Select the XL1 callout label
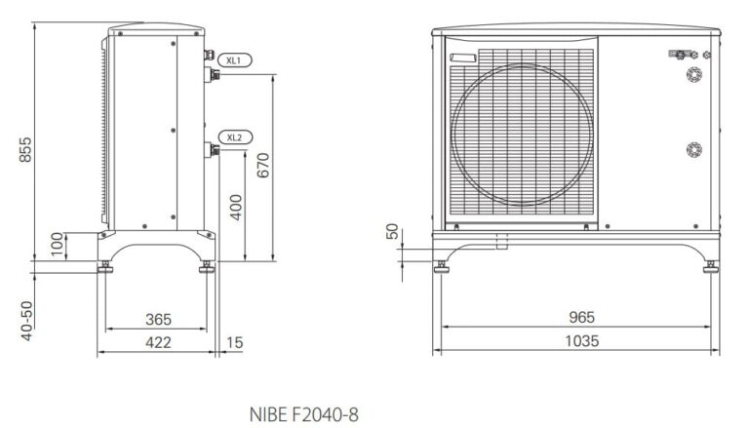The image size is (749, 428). tap(234, 60)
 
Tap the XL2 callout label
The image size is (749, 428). tap(234, 136)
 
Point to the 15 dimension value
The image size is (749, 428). tap(234, 342)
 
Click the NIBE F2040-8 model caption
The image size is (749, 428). tap(303, 414)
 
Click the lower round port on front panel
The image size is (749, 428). tap(693, 149)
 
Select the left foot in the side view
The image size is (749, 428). tap(102, 266)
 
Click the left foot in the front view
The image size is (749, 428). tap(442, 265)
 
